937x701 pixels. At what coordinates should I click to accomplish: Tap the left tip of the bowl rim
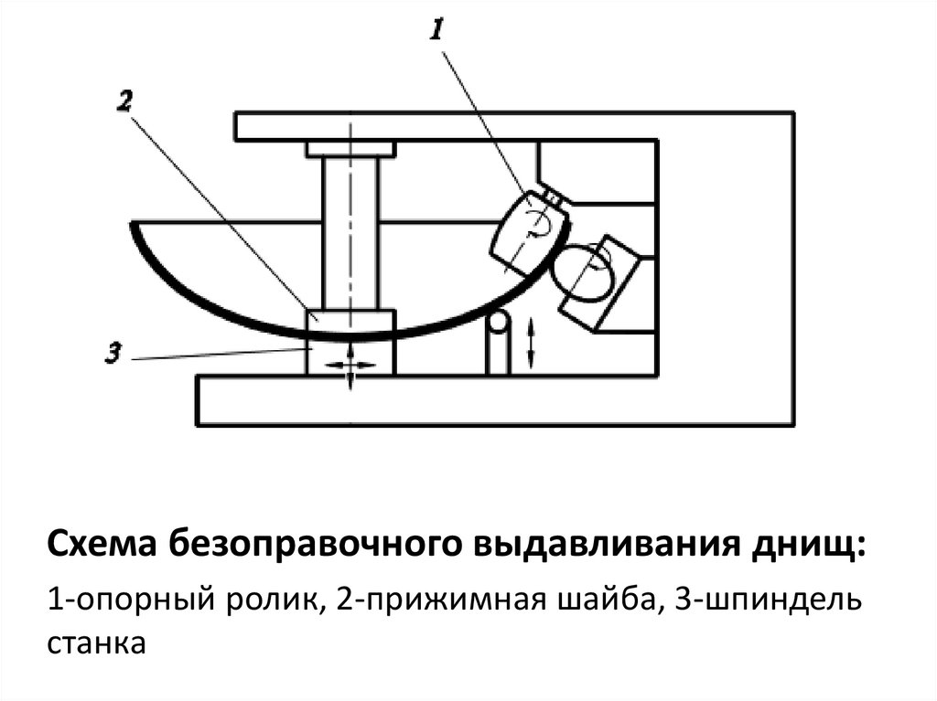point(134,224)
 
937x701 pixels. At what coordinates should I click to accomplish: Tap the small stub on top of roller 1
point(551,196)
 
